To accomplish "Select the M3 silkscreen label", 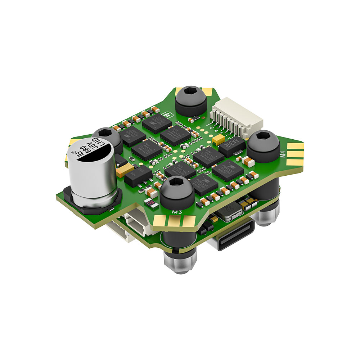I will [176, 212].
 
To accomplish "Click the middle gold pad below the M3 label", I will [175, 222].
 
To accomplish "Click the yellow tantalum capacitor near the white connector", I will [219, 139].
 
